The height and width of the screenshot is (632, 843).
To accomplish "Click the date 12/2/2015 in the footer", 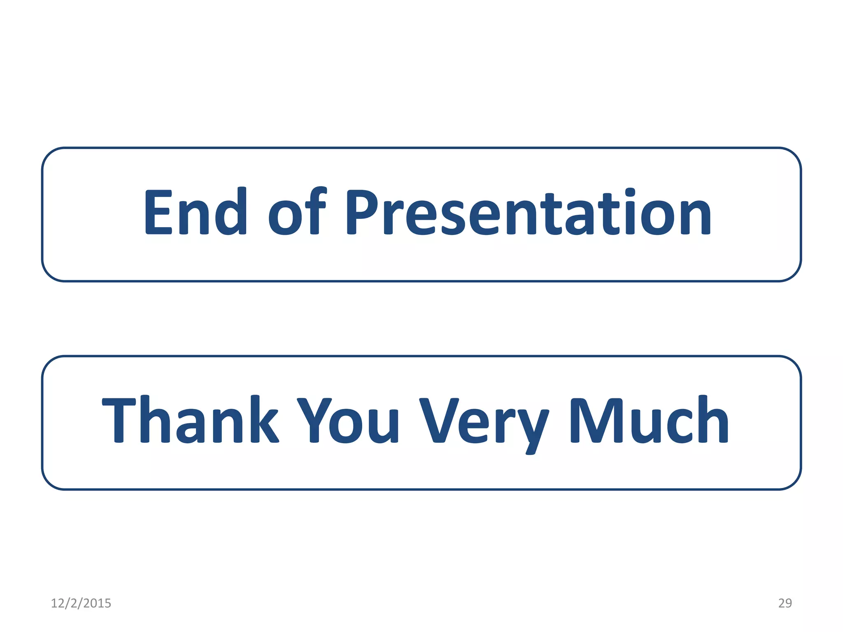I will point(81,603).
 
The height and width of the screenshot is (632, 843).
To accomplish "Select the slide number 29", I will point(785,603).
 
